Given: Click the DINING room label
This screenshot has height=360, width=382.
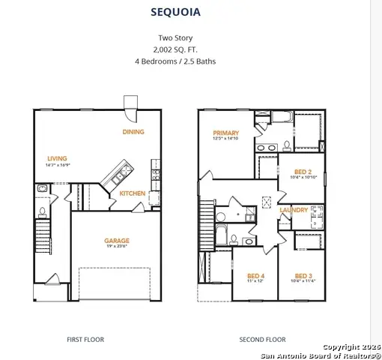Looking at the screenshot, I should click(x=134, y=132).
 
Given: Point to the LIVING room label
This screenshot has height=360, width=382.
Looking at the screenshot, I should click(x=57, y=158).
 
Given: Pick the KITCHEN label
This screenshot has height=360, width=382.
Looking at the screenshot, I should click(x=133, y=193).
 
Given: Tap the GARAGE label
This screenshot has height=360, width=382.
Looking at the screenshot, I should click(x=116, y=241).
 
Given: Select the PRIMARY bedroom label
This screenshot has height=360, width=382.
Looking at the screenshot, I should click(x=225, y=132).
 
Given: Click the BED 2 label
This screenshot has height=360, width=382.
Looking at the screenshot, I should click(x=303, y=170).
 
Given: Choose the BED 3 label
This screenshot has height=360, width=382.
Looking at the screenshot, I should click(x=303, y=274).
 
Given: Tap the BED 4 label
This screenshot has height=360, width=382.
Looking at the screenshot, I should click(x=255, y=274).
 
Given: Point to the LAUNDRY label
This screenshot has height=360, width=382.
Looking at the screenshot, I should click(x=293, y=210).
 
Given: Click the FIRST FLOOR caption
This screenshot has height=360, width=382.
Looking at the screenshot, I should click(x=85, y=340).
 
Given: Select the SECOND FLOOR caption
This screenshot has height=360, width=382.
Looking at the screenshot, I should click(x=262, y=340).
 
